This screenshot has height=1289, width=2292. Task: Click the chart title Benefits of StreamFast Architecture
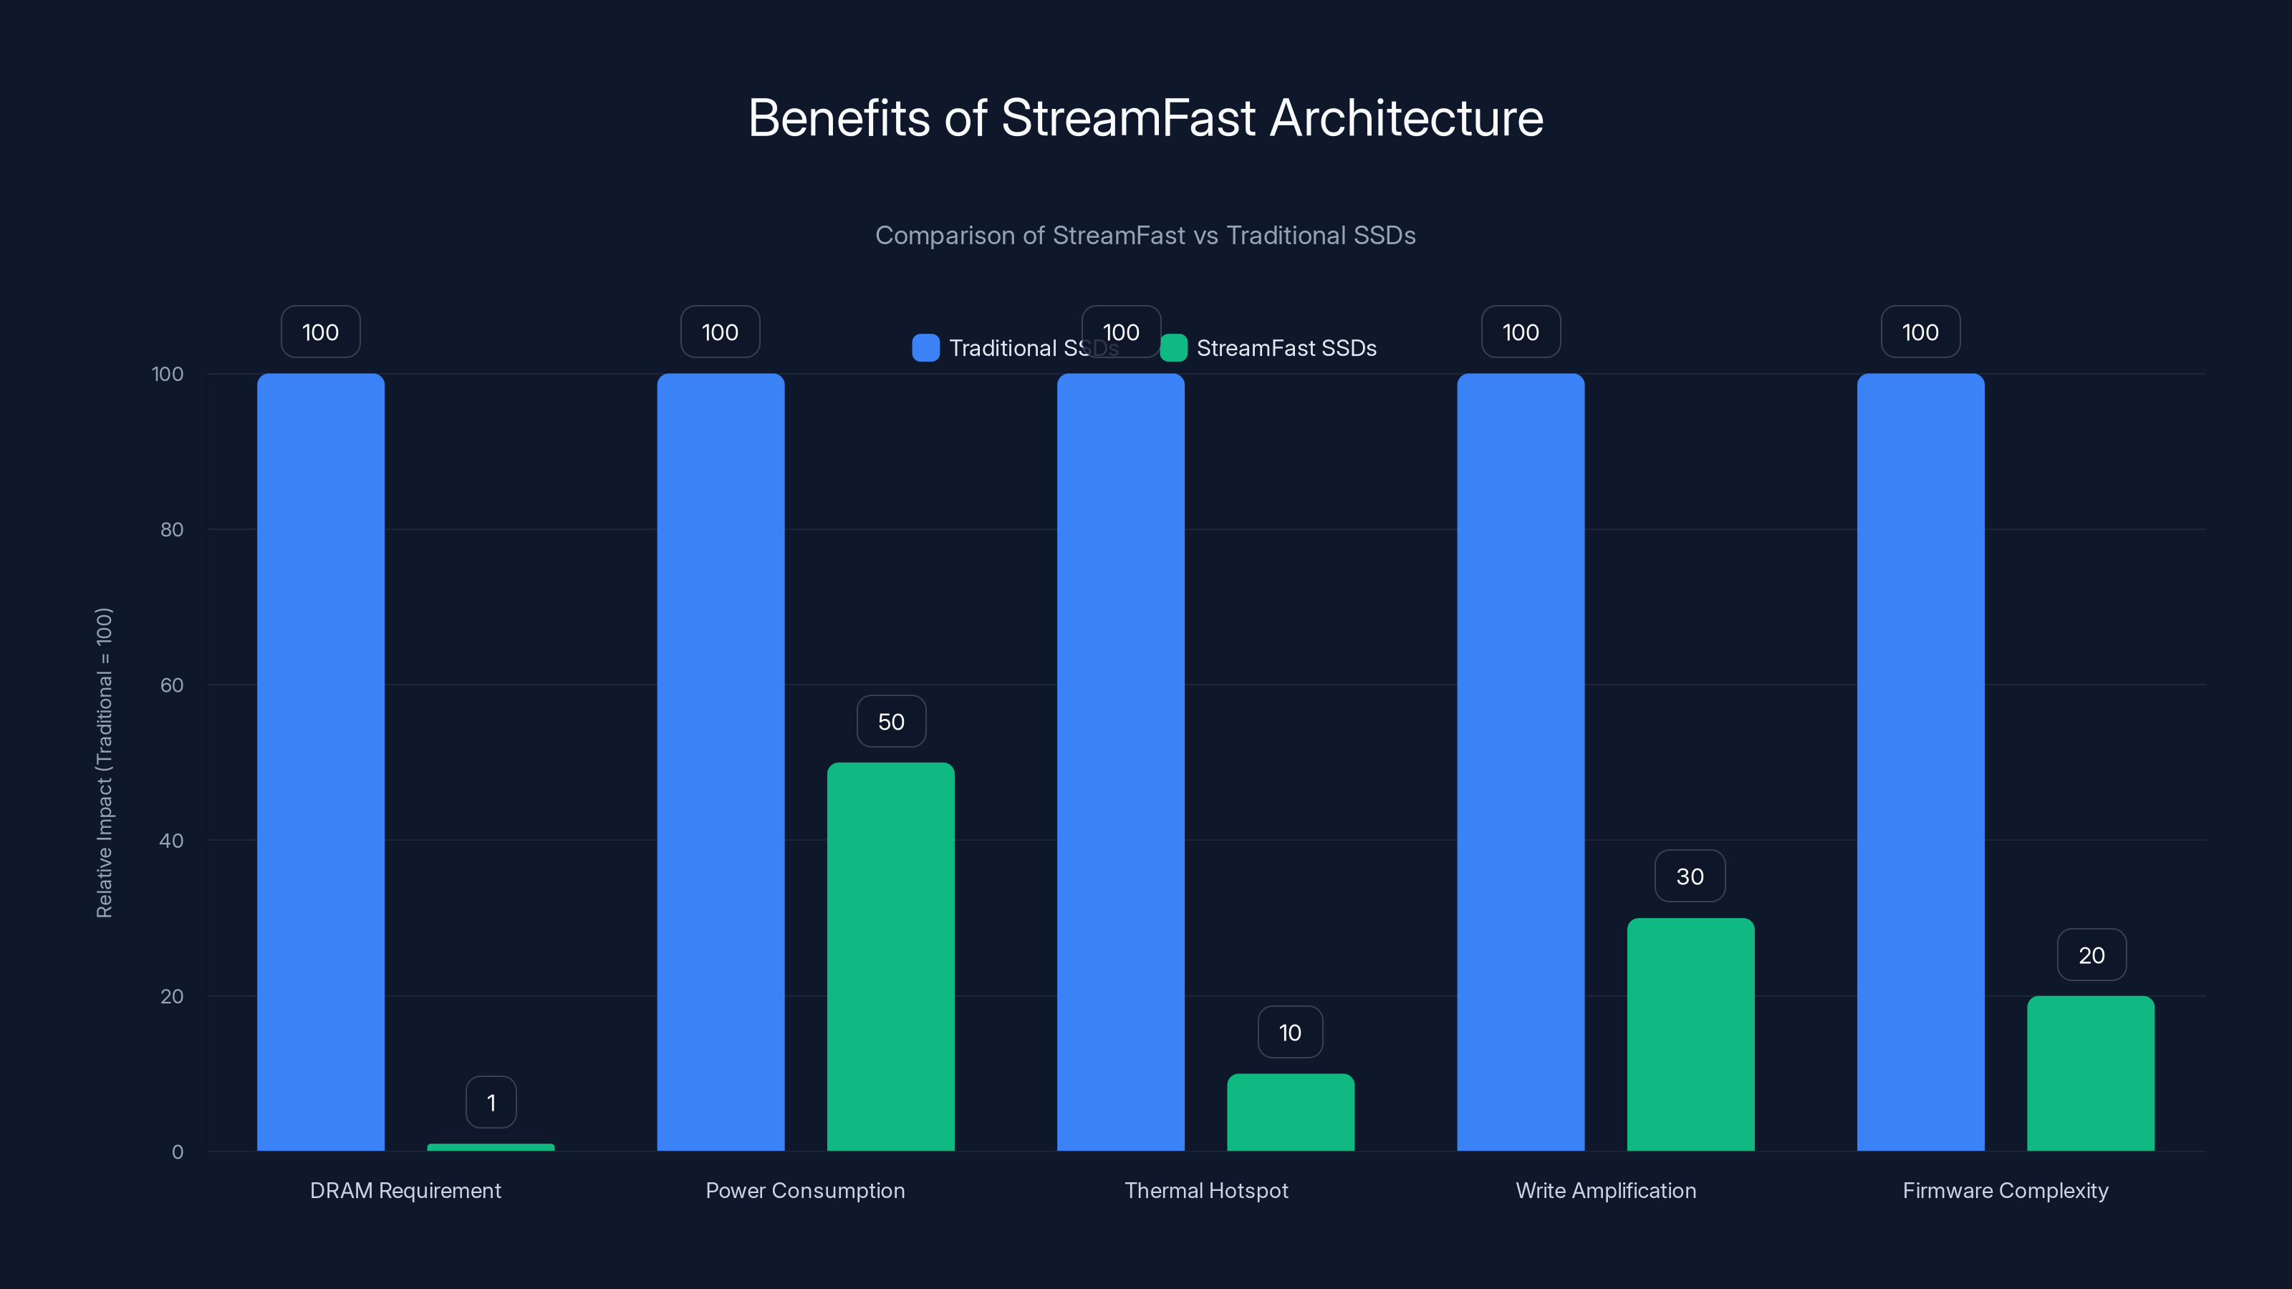(x=1145, y=118)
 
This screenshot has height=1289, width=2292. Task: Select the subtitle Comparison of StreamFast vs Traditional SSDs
(x=1145, y=236)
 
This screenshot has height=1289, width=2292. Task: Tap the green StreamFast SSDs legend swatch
(x=1174, y=348)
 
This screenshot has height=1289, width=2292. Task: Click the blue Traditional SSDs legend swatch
(x=925, y=348)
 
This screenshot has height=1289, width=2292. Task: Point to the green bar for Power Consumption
(x=890, y=956)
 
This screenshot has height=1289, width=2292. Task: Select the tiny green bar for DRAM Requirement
(x=490, y=1147)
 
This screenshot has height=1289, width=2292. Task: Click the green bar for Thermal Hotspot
(x=1290, y=1112)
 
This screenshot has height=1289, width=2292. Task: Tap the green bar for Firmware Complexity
(x=2090, y=1073)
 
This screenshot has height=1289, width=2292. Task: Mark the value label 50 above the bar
(x=890, y=721)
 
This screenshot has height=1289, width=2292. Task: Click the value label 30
(x=1690, y=877)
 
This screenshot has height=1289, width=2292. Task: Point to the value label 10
(x=1290, y=1032)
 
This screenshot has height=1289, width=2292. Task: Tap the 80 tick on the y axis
(x=172, y=530)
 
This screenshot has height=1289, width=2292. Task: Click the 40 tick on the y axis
(x=172, y=841)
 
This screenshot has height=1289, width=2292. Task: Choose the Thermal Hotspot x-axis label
(x=1205, y=1190)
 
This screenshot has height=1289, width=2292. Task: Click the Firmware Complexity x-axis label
(x=2005, y=1190)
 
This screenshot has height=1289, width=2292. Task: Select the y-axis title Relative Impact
(x=104, y=763)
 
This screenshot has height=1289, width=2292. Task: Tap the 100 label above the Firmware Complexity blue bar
(x=1920, y=332)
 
